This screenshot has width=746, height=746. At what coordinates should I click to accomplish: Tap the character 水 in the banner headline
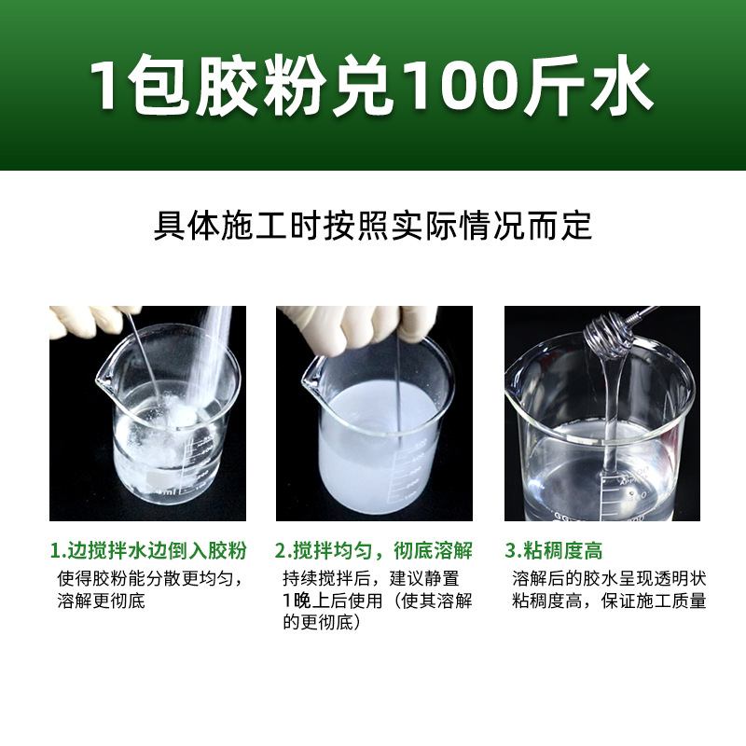(x=619, y=87)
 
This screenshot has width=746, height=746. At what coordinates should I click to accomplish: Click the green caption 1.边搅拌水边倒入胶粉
(x=147, y=550)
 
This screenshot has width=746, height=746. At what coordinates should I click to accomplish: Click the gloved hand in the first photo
(x=84, y=321)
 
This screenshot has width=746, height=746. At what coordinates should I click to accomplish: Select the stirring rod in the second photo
(x=399, y=392)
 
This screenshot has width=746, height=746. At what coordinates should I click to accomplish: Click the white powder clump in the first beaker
(x=173, y=424)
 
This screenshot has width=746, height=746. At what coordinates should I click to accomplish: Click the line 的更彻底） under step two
(x=321, y=623)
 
